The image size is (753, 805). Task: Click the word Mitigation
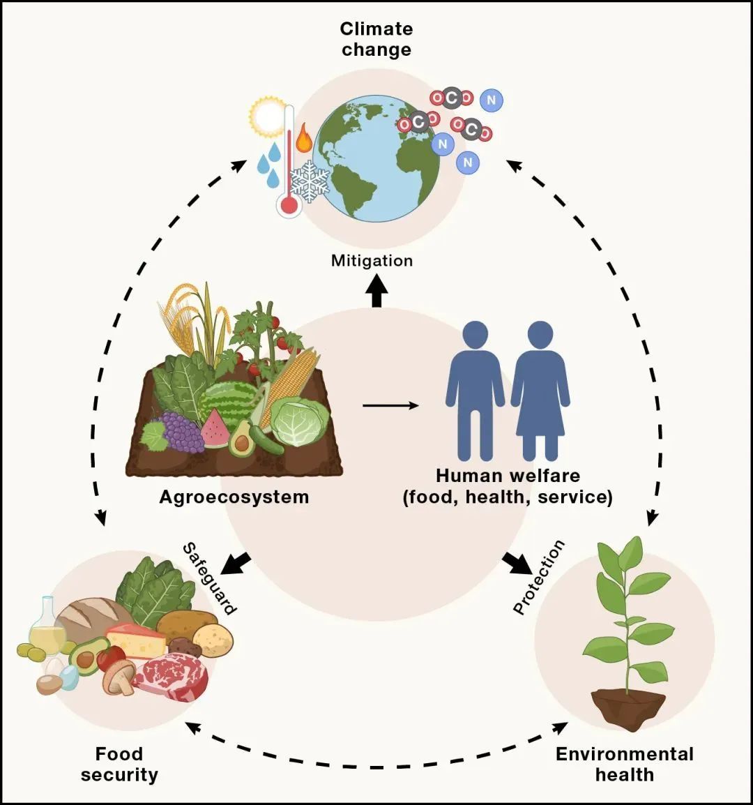pyautogui.click(x=372, y=261)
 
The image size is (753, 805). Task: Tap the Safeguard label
pyautogui.click(x=209, y=578)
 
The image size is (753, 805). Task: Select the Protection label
pyautogui.click(x=538, y=577)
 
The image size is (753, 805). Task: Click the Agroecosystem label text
pyautogui.click(x=234, y=497)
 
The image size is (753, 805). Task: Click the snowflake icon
pyautogui.click(x=309, y=181)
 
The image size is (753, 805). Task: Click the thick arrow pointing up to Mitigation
pyautogui.click(x=376, y=292)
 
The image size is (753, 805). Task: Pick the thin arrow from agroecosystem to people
pyautogui.click(x=390, y=405)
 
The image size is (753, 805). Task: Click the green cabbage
pyautogui.click(x=300, y=422)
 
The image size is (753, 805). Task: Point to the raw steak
pyautogui.click(x=171, y=676)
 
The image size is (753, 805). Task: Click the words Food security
pyautogui.click(x=119, y=764)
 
